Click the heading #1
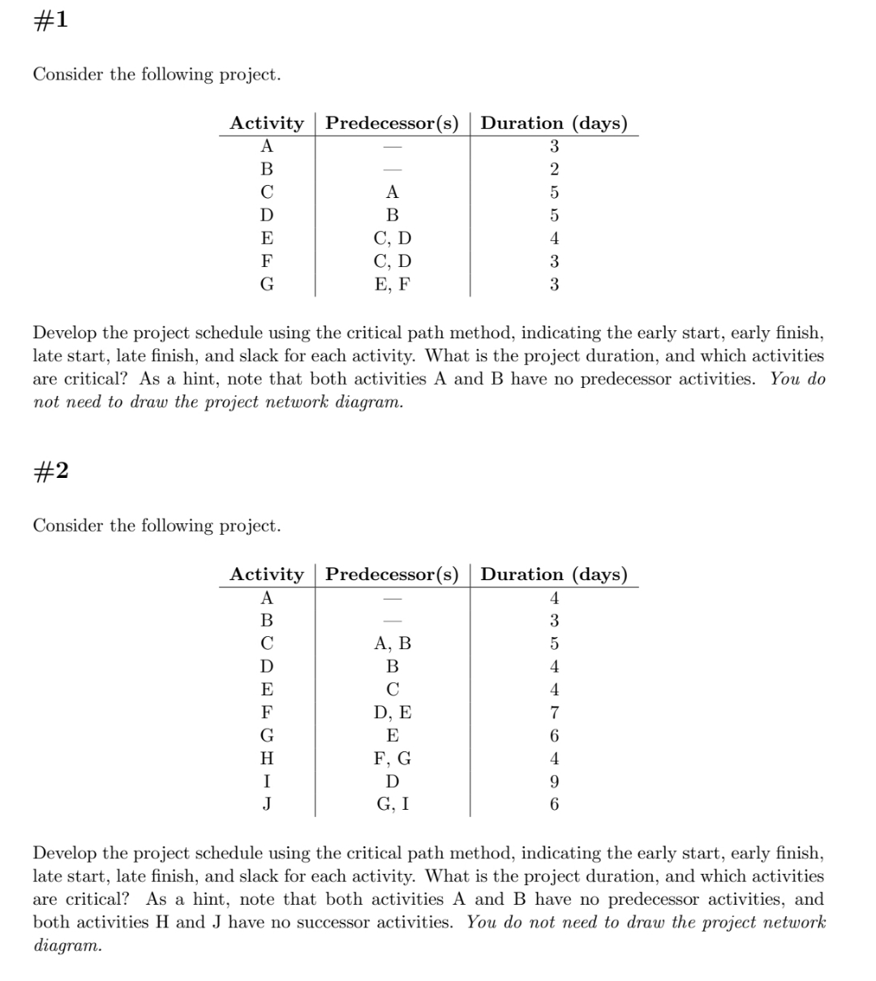point(49,20)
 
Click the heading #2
point(49,471)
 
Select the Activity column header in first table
point(266,123)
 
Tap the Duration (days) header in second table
point(554,574)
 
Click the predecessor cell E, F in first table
point(393,285)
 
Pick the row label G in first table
point(266,285)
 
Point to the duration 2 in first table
point(554,170)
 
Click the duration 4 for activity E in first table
point(554,239)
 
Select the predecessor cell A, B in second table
point(393,644)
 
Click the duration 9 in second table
point(554,782)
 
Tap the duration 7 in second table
point(554,713)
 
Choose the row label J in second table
point(266,805)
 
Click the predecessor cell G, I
point(393,805)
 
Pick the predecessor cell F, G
point(393,759)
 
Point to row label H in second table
point(266,759)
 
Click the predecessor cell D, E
point(393,713)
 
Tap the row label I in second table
point(266,782)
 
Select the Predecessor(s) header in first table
point(393,123)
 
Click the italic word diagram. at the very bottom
point(67,946)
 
